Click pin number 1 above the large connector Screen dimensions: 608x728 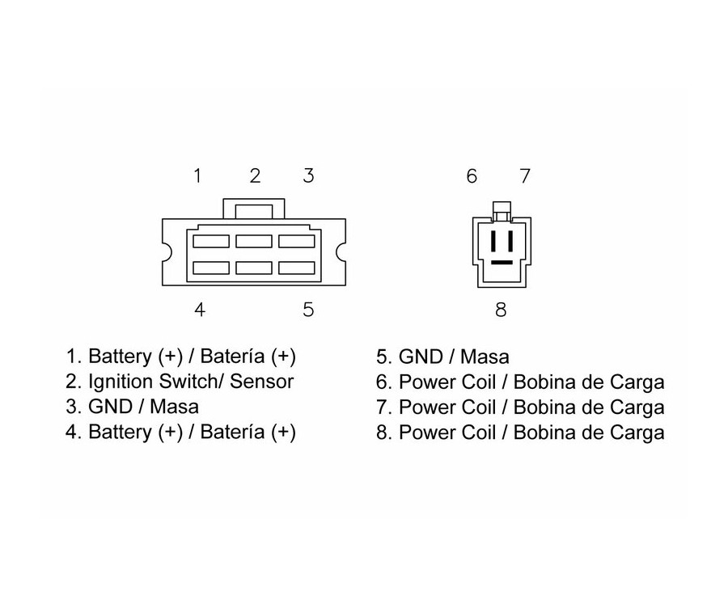[x=197, y=175]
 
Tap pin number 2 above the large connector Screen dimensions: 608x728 [x=255, y=175]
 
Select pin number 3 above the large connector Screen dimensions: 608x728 [x=308, y=175]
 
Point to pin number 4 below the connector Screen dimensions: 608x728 [x=199, y=310]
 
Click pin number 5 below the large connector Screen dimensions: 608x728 [x=308, y=310]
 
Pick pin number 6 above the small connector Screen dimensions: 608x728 [x=472, y=175]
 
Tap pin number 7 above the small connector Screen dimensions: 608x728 [x=524, y=175]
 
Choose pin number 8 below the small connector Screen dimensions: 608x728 [x=501, y=310]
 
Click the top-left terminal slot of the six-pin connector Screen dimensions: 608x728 [x=211, y=241]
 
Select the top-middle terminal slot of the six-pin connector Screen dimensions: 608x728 [x=254, y=241]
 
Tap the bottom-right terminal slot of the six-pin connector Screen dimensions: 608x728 [x=297, y=268]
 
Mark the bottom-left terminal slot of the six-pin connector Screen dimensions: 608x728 [x=211, y=268]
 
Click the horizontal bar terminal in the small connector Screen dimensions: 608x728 [x=502, y=263]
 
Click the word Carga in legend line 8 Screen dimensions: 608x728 [x=636, y=433]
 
